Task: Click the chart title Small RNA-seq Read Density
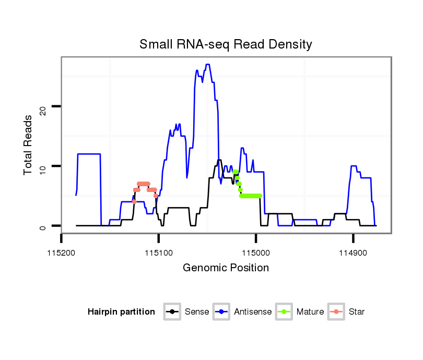pos(226,44)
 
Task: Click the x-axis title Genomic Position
pos(226,268)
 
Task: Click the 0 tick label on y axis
pos(44,226)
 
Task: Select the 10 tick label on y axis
pos(44,166)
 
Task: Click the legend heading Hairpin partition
pos(121,312)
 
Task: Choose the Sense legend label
pos(197,312)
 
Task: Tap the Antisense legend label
pos(253,312)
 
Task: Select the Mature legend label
pos(310,312)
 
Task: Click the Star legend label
pos(356,312)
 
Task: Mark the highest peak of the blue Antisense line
pos(207,65)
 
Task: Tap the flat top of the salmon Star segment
pos(143,184)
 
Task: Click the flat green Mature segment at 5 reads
pos(251,196)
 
